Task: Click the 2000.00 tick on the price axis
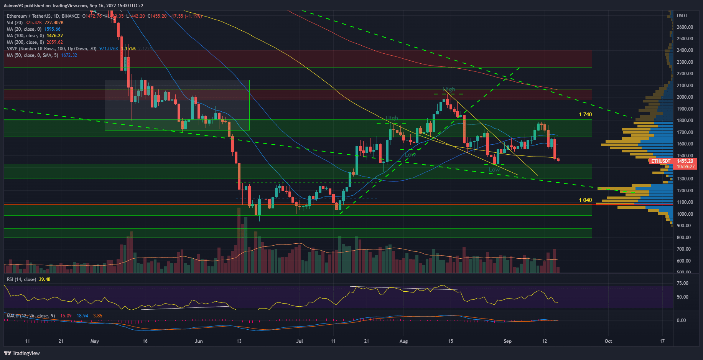[685, 97]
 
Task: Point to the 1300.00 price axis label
[685, 179]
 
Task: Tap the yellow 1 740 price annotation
[585, 115]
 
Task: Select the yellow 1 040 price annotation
[585, 200]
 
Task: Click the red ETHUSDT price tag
[661, 161]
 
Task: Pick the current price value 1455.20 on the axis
[685, 161]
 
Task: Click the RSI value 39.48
[44, 279]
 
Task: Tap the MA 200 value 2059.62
[55, 42]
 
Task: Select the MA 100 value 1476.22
[55, 36]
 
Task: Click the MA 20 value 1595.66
[53, 29]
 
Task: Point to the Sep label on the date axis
[507, 341]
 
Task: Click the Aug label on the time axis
[403, 341]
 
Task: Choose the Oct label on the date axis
[608, 341]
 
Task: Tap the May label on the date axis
[94, 341]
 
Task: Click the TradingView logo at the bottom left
[22, 353]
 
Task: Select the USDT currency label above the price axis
[682, 16]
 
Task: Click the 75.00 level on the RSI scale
[683, 283]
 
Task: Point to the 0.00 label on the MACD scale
[681, 320]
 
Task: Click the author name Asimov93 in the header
[16, 6]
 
